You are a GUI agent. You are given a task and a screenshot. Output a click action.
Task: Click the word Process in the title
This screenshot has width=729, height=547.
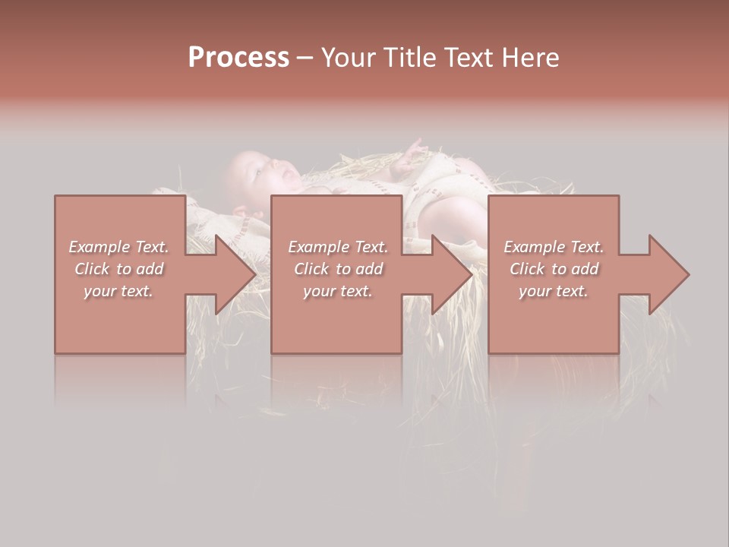click(x=238, y=58)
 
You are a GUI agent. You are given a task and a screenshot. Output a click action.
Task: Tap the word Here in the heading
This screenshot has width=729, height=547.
click(x=532, y=58)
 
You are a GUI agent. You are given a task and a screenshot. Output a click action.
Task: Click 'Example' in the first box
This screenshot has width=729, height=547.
click(x=99, y=247)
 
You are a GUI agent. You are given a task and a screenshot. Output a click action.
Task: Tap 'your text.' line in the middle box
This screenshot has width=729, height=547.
click(x=337, y=291)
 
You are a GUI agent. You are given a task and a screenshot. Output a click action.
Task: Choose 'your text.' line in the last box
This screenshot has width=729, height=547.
click(x=553, y=291)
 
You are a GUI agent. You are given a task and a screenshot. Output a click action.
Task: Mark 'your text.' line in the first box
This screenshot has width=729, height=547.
click(x=118, y=291)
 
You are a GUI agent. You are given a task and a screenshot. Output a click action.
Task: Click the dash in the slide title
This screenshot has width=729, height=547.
click(x=305, y=58)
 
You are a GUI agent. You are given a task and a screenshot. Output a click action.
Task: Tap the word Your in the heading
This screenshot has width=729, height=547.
click(x=348, y=58)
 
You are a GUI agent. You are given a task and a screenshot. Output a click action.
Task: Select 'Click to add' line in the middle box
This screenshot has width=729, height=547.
click(x=338, y=269)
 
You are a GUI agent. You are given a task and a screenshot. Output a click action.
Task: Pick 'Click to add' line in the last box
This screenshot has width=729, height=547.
click(x=554, y=269)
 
